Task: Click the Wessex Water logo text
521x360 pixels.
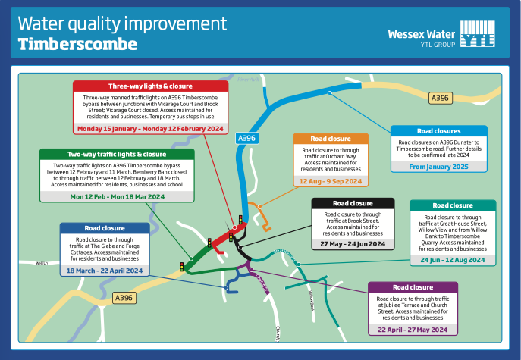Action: point(422,34)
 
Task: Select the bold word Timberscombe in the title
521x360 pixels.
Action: point(77,45)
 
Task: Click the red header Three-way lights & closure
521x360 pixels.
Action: point(150,86)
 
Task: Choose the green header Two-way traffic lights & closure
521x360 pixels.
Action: point(117,154)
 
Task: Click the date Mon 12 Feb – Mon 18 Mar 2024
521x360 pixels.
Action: point(117,196)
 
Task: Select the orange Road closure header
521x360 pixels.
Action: point(331,139)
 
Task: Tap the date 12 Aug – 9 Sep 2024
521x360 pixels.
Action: point(331,182)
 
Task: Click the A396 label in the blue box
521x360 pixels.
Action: point(246,139)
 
